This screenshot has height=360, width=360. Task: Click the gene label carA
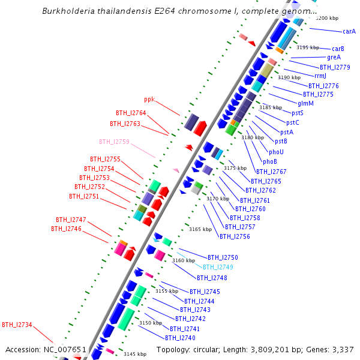pos(349,31)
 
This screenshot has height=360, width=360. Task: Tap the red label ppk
pos(149,99)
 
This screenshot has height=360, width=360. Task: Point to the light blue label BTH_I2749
pos(218,267)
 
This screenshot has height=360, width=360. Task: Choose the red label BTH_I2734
pos(17,325)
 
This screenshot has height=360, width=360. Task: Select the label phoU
pos(276,152)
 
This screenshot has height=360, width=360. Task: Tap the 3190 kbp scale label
pos(289,77)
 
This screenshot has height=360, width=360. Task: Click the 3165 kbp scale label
pos(200,229)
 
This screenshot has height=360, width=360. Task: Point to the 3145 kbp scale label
pos(135,354)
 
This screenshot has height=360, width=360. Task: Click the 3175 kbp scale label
pos(235,169)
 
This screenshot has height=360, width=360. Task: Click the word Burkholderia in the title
pos(67,11)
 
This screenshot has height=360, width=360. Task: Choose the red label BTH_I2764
pos(131,113)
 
